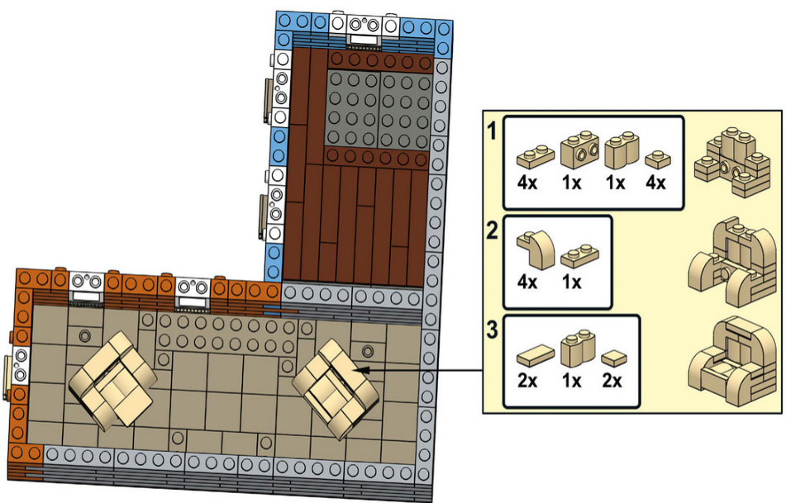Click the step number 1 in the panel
click(492, 131)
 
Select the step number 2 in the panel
click(493, 230)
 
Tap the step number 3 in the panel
click(493, 330)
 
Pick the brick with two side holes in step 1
click(579, 149)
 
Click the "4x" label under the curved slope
click(527, 282)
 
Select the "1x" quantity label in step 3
click(571, 382)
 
